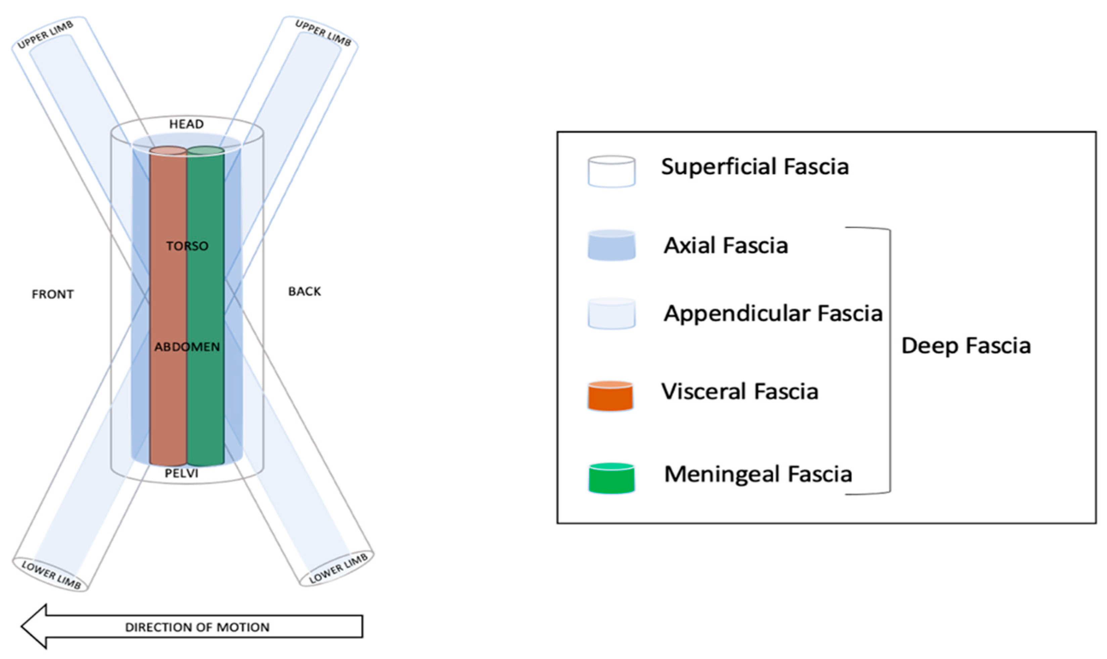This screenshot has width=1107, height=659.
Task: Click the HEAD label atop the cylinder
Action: (x=186, y=124)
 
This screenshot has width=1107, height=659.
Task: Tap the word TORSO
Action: (x=187, y=245)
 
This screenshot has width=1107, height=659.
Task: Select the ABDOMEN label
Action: (x=187, y=346)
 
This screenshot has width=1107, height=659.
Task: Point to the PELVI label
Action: (x=181, y=473)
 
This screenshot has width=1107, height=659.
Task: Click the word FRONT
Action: (x=52, y=294)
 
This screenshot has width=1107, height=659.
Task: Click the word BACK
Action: (x=304, y=291)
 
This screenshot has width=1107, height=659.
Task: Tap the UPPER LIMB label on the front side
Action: (x=45, y=35)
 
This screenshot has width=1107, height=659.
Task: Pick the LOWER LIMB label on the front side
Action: (x=51, y=575)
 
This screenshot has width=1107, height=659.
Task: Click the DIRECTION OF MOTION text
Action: (x=197, y=627)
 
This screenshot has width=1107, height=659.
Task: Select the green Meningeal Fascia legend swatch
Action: (x=611, y=478)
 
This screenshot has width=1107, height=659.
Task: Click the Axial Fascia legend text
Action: (x=726, y=245)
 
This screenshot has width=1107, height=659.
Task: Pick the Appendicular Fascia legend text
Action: (x=773, y=313)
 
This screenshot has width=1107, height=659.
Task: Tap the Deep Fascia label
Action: (x=966, y=345)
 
